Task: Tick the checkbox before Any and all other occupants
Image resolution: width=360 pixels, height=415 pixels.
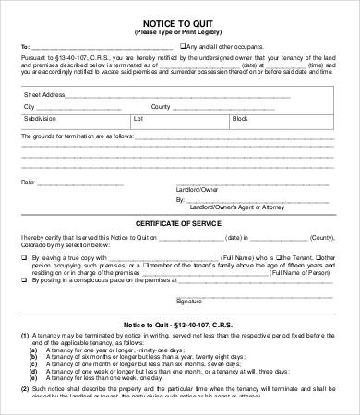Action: pos(184,46)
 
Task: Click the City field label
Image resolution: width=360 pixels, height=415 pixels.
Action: pos(29,107)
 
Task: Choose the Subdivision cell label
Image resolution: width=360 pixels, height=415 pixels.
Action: pos(40,120)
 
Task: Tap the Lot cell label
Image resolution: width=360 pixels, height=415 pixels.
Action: pos(138,120)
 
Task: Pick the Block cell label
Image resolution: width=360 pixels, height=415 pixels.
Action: pos(242,120)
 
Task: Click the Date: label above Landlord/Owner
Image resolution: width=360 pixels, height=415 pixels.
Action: pos(28,183)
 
